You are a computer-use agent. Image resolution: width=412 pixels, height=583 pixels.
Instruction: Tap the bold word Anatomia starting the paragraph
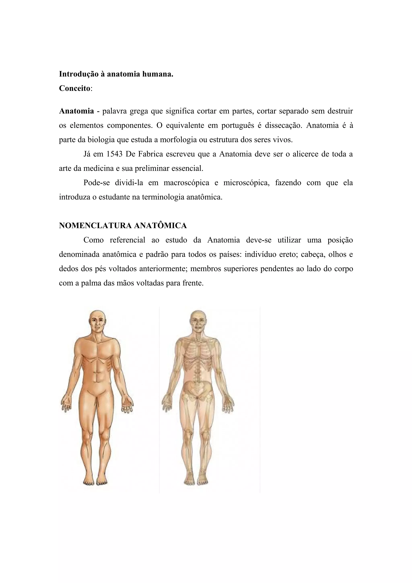pyautogui.click(x=76, y=111)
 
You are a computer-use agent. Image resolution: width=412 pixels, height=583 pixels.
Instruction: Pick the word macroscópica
pyautogui.click(x=186, y=183)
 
